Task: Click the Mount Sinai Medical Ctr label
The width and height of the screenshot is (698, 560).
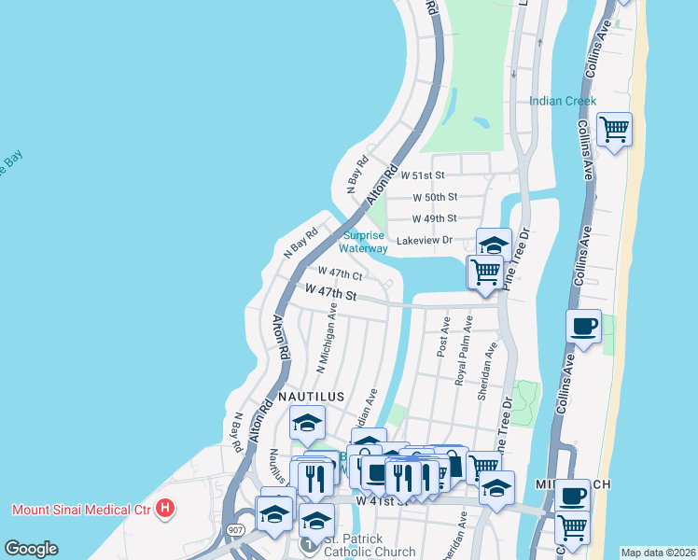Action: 82,510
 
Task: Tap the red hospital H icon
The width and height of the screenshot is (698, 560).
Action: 166,510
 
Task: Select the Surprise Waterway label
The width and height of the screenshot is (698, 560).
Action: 364,243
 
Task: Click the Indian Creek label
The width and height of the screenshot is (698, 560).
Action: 563,101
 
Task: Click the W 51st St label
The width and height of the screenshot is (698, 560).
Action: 423,175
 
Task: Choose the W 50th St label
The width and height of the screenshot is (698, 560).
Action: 435,197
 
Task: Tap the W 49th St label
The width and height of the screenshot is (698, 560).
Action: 435,218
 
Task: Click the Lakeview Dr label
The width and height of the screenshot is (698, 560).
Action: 424,240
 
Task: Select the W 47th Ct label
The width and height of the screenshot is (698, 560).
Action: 340,273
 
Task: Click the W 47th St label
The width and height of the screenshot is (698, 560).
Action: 331,292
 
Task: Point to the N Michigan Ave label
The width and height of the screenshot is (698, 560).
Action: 327,337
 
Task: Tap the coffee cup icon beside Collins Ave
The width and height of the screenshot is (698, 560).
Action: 584,327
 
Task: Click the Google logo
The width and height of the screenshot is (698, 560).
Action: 31,549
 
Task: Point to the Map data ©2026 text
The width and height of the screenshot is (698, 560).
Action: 658,553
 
